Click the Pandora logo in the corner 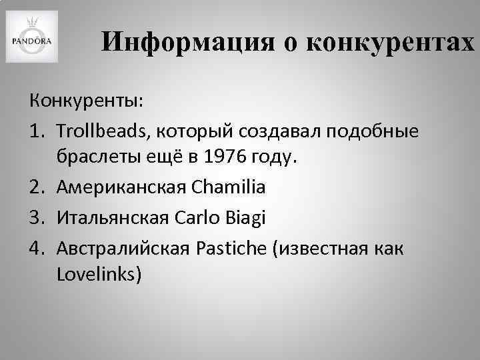(32, 37)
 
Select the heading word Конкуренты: (85, 102)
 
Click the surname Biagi (246, 217)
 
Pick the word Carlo (197, 217)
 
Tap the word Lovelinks (99, 275)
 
